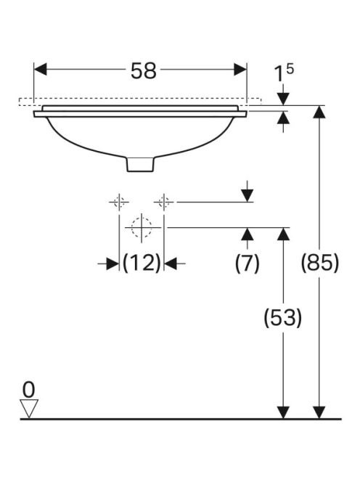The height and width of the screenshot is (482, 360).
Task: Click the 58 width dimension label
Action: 144,70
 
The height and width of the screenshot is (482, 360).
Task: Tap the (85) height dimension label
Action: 320,263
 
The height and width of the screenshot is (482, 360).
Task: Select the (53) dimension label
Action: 283,317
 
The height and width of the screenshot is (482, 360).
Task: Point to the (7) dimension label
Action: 247,263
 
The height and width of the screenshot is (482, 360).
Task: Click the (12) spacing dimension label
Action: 142,263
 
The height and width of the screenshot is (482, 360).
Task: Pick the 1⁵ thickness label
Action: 284,73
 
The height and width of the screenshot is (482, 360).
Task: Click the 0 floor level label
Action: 29,390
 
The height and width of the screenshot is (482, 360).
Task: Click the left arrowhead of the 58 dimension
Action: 40,70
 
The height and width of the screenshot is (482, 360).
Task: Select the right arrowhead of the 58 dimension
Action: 240,70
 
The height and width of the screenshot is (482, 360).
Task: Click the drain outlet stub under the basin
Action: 140,164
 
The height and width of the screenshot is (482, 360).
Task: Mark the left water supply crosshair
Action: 119,202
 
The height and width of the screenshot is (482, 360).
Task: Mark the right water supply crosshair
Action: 164,202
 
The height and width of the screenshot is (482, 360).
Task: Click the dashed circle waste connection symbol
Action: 142,228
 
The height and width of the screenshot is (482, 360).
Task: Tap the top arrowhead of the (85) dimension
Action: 319,112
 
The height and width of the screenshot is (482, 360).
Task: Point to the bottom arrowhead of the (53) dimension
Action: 283,412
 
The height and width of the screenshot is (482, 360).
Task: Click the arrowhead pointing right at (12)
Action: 112,264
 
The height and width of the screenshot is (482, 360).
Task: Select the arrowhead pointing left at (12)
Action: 171,264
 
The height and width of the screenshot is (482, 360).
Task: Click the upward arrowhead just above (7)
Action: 247,234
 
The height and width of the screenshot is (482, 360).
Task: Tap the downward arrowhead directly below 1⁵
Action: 283,99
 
